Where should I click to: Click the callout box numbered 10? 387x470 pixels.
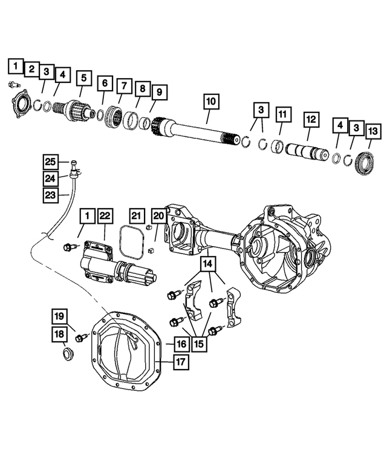pyautogui.click(x=211, y=101)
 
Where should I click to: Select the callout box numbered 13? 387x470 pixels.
pyautogui.click(x=373, y=131)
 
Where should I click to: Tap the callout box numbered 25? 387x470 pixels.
pyautogui.click(x=50, y=162)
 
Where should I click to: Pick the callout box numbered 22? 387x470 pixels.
pyautogui.click(x=105, y=216)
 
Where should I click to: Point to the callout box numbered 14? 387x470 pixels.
pyautogui.click(x=207, y=264)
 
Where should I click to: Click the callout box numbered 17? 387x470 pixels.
pyautogui.click(x=181, y=362)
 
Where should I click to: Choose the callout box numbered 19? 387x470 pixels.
pyautogui.click(x=59, y=316)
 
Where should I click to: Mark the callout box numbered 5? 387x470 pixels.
pyautogui.click(x=84, y=78)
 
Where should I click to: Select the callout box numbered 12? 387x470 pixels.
pyautogui.click(x=311, y=120)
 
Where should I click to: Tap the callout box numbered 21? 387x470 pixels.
pyautogui.click(x=136, y=216)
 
